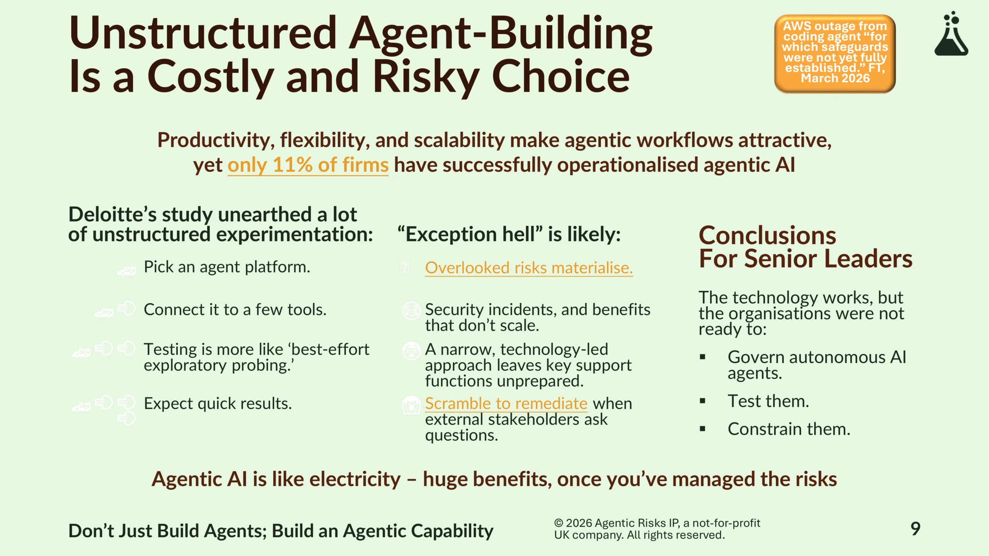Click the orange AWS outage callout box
pos(835,54)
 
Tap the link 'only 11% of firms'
pos(308,165)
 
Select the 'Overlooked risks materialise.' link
pos(529,268)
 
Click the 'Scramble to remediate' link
pos(506,403)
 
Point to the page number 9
pos(915,529)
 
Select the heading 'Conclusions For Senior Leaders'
pos(805,247)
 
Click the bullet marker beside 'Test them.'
pos(702,401)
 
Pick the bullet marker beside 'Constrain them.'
pos(702,429)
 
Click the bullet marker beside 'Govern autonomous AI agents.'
pos(702,357)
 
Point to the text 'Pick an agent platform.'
pos(227,267)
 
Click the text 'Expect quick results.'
pos(218,403)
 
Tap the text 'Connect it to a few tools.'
pos(235,310)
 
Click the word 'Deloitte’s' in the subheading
pos(112,215)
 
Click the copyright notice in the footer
pos(657,529)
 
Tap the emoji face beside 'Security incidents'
pos(411,310)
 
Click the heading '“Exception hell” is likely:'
pos(509,234)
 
